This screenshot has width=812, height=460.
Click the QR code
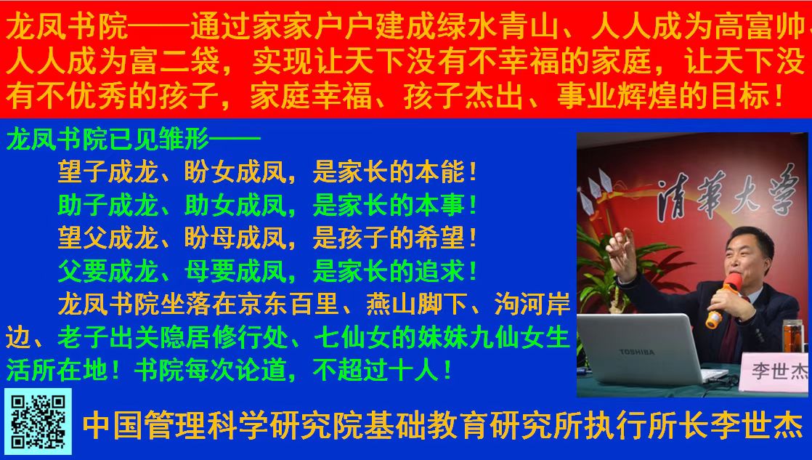[x=38, y=421]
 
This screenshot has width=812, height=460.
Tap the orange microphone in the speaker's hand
[x=723, y=299]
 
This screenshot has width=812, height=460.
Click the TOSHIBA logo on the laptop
[x=637, y=352]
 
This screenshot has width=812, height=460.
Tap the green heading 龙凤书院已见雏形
[x=107, y=140]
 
